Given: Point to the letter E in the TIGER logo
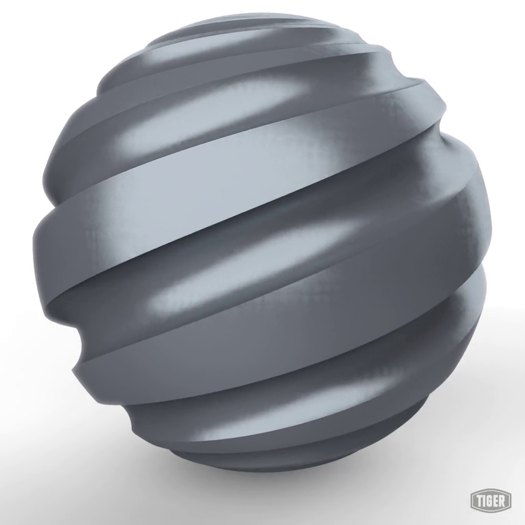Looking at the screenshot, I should click(499, 501).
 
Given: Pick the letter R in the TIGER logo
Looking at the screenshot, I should click(505, 501).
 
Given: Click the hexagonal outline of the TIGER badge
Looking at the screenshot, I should click(471, 501).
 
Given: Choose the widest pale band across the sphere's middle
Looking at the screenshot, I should click(262, 217).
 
